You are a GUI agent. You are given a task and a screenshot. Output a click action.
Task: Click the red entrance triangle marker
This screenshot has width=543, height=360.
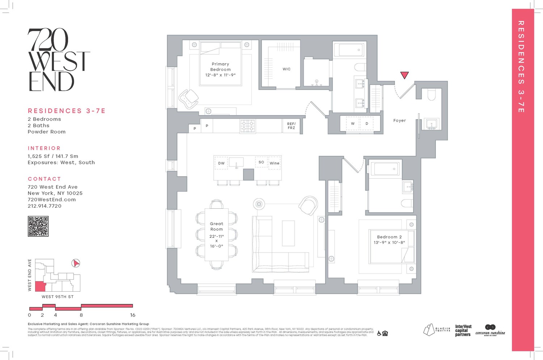[404, 75]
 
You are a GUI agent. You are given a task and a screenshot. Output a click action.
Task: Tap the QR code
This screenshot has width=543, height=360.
[38, 226]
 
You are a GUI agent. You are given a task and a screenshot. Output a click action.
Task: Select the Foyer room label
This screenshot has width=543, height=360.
[399, 120]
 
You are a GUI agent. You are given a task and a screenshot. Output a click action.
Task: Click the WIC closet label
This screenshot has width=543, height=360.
[286, 69]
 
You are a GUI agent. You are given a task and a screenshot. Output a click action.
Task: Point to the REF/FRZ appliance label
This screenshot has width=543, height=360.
[291, 126]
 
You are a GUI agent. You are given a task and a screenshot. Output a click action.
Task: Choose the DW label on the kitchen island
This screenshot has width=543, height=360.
[221, 163]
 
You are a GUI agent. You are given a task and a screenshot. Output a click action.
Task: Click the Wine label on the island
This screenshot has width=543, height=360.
[274, 163]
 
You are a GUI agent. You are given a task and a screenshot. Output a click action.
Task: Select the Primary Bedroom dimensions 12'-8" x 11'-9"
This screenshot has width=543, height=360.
[220, 75]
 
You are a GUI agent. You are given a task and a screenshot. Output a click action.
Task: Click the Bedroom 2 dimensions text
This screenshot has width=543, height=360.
[389, 243]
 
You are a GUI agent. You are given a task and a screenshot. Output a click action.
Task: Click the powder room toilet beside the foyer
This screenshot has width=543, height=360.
[432, 94]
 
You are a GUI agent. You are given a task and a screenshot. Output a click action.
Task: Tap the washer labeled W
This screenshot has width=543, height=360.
[353, 124]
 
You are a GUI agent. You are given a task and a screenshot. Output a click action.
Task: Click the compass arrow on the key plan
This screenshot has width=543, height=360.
[76, 263]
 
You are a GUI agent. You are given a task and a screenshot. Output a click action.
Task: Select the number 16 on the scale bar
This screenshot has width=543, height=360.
[132, 315]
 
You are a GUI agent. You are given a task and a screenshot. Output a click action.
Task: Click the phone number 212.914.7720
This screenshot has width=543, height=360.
[45, 206]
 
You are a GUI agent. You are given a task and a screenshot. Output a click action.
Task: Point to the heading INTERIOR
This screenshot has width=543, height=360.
[44, 148]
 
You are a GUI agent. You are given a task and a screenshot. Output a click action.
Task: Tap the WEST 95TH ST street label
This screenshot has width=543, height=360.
[58, 297]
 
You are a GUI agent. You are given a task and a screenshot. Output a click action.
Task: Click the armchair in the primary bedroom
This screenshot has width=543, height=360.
[189, 98]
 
